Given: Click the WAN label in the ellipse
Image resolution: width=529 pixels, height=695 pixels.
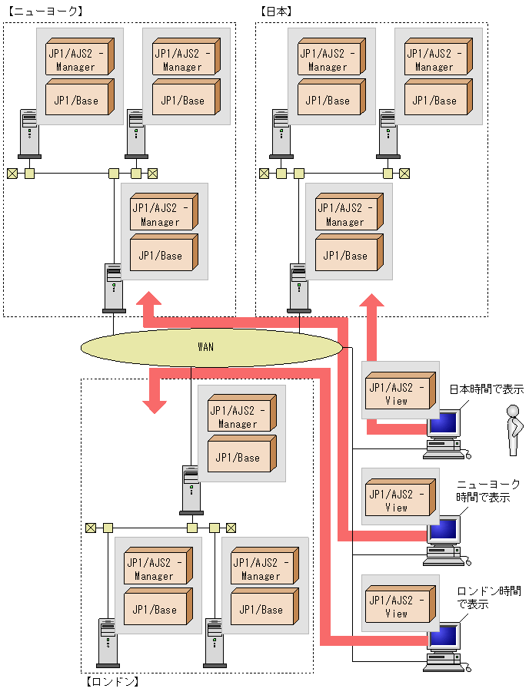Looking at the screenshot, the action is (205, 347).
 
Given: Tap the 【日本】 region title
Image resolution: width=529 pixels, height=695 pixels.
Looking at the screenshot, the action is (277, 12).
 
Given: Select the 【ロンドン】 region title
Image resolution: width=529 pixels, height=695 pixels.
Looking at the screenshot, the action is (111, 681).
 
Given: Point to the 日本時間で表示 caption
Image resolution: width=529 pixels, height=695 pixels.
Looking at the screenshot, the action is (487, 389).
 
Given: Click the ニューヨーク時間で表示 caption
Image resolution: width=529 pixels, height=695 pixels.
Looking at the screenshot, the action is (487, 491).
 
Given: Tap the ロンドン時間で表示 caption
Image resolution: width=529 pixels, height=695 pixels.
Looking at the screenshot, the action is (488, 597).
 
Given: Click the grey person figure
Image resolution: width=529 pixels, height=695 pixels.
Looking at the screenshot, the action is (514, 430).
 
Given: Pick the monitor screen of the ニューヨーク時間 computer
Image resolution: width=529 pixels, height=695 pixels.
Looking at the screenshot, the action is (444, 529).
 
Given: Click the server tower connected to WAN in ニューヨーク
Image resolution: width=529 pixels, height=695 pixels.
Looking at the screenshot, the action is (114, 288).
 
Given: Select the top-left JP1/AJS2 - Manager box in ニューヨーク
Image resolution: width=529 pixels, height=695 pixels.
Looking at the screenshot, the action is (80, 56).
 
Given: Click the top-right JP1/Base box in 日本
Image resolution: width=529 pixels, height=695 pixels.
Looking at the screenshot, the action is (438, 97).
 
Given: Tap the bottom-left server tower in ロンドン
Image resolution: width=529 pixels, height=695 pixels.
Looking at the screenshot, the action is (108, 643).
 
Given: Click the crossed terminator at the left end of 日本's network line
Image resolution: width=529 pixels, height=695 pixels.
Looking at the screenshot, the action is (264, 174).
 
